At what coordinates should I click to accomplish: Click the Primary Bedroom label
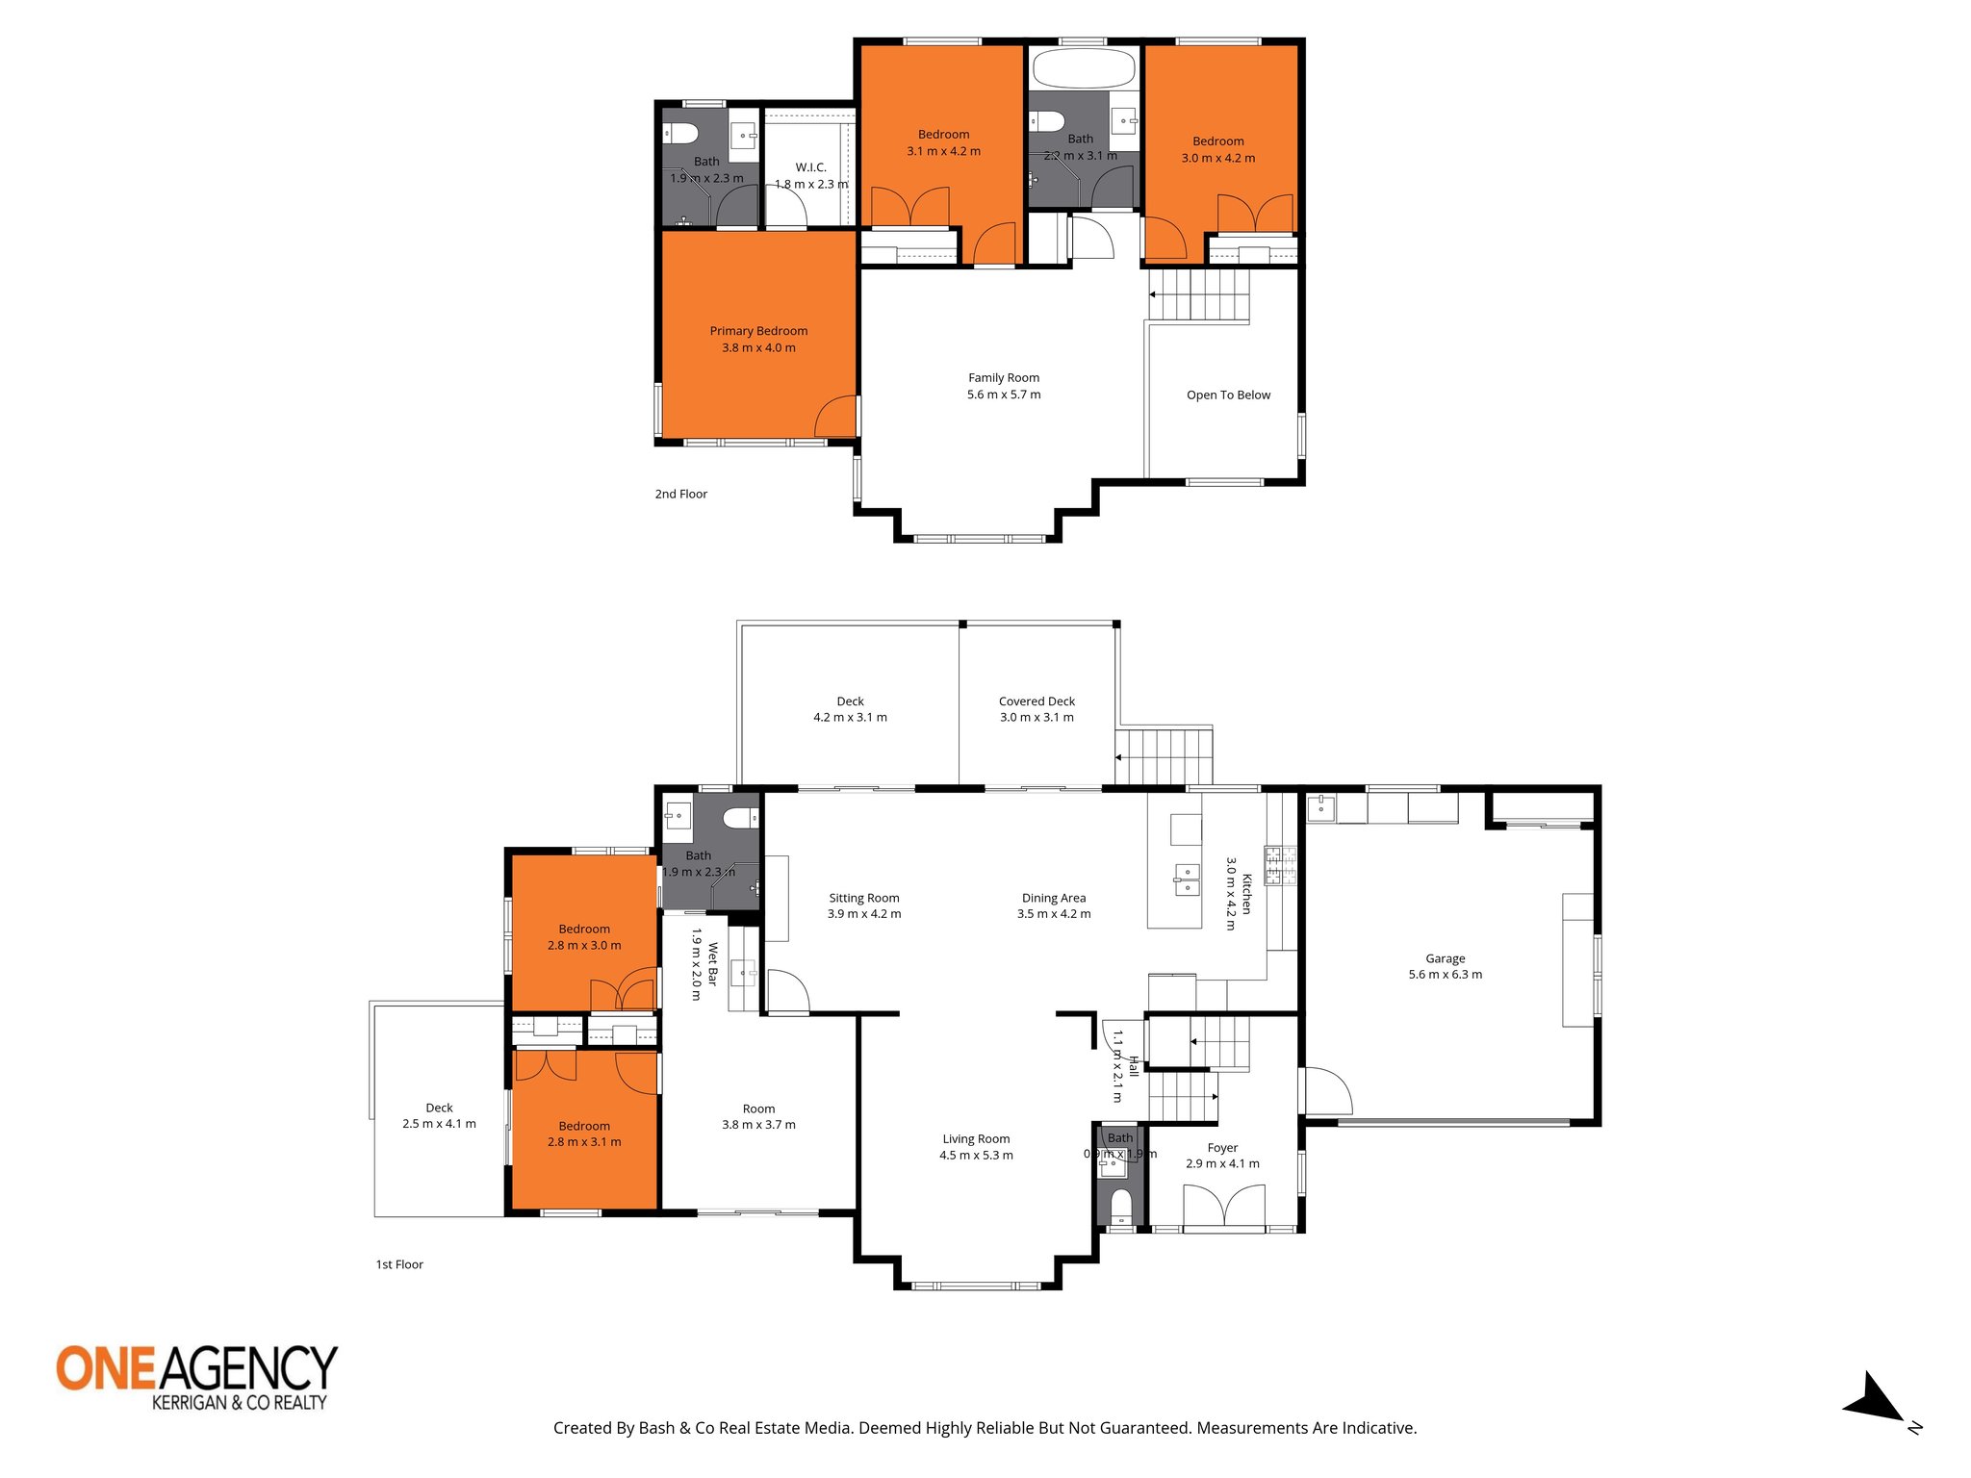[x=758, y=331]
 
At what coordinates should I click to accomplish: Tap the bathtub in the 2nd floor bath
[x=1083, y=68]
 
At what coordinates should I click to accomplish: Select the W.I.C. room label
[x=810, y=167]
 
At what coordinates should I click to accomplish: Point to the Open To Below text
[x=1228, y=395]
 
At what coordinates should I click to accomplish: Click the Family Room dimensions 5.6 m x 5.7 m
[x=1004, y=395]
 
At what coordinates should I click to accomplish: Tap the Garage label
[x=1445, y=958]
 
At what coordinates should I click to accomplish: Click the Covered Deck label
[x=1037, y=701]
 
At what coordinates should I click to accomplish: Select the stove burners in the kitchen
[x=1280, y=865]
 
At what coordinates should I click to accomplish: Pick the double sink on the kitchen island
[x=1186, y=879]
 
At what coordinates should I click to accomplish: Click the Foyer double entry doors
[x=1223, y=1207]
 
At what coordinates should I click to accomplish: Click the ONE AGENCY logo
[x=197, y=1377]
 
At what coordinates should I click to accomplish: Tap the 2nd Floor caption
[x=680, y=495]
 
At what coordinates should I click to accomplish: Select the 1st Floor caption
[x=399, y=1264]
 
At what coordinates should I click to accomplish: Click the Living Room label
[x=976, y=1139]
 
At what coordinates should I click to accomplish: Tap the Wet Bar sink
[x=743, y=973]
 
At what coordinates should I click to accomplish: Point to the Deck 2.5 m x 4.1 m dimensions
[x=439, y=1124]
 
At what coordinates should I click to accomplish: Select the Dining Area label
[x=1054, y=898]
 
